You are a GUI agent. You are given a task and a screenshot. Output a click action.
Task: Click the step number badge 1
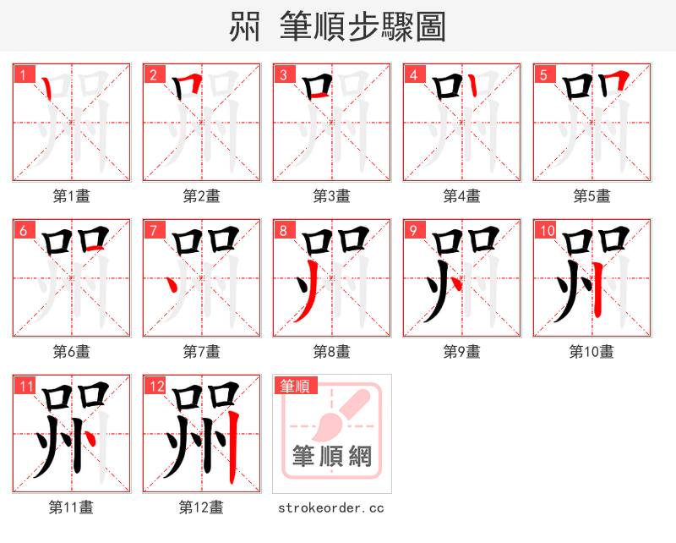(x=22, y=74)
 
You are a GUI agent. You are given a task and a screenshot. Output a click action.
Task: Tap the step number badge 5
(x=542, y=74)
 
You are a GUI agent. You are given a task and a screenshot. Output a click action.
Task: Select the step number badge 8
(x=282, y=230)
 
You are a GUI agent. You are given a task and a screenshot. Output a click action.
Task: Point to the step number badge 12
(x=154, y=387)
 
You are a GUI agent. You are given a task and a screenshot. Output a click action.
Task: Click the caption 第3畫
(x=331, y=196)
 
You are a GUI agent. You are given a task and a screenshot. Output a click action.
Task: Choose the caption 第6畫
(x=71, y=351)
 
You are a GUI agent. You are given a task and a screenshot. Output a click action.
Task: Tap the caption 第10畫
(x=591, y=351)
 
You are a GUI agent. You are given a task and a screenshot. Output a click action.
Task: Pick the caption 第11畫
(x=71, y=507)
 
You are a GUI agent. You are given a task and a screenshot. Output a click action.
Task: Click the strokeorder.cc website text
(x=331, y=507)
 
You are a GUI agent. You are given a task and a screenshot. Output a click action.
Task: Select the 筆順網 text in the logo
(x=331, y=458)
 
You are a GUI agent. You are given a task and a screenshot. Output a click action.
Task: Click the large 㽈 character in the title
(x=246, y=27)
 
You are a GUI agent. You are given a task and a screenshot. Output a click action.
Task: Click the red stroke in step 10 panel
(x=599, y=288)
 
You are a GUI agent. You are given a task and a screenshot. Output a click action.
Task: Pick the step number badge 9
(x=412, y=230)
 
